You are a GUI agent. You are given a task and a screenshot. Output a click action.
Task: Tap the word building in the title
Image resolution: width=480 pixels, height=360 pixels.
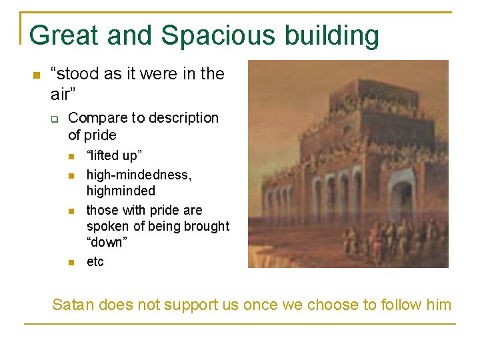click(339, 35)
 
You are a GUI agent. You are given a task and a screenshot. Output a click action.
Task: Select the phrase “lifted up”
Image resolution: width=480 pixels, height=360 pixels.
click(114, 156)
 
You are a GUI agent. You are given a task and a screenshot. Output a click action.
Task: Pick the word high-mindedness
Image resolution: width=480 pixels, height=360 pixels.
click(139, 175)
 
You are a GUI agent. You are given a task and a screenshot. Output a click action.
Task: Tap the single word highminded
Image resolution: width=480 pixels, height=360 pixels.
click(121, 191)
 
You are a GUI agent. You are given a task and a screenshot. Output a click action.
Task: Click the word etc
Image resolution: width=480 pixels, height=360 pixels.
click(95, 261)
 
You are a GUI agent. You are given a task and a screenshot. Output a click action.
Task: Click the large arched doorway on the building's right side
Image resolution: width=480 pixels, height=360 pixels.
click(402, 193)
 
